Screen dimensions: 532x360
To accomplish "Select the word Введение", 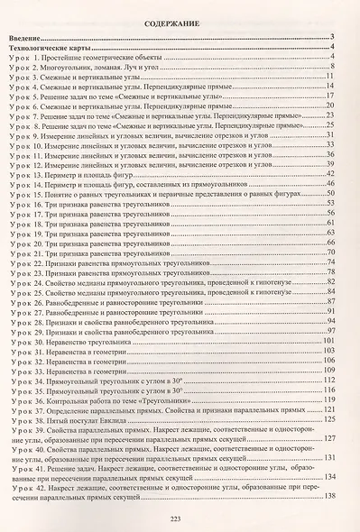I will click(33, 38).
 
